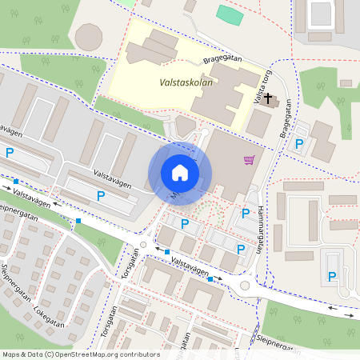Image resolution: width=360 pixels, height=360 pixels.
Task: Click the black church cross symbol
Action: pyautogui.click(x=268, y=100)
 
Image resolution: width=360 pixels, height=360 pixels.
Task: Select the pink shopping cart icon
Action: pyautogui.click(x=250, y=160)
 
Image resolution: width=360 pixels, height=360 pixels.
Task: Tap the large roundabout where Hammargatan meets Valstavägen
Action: pyautogui.click(x=245, y=286)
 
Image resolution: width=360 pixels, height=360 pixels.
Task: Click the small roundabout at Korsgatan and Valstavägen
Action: pyautogui.click(x=143, y=246)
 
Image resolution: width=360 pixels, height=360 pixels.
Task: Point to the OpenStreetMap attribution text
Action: pyautogui.click(x=81, y=354)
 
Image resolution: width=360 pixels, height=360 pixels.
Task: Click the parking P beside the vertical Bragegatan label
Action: pyautogui.click(x=299, y=144)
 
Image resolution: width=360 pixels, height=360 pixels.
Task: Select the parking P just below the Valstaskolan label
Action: pyautogui.click(x=184, y=223)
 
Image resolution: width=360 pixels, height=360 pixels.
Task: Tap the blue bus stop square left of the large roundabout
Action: pyautogui.click(x=210, y=279)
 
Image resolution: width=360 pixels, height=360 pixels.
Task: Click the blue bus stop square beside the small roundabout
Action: pyautogui.click(x=166, y=252)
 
